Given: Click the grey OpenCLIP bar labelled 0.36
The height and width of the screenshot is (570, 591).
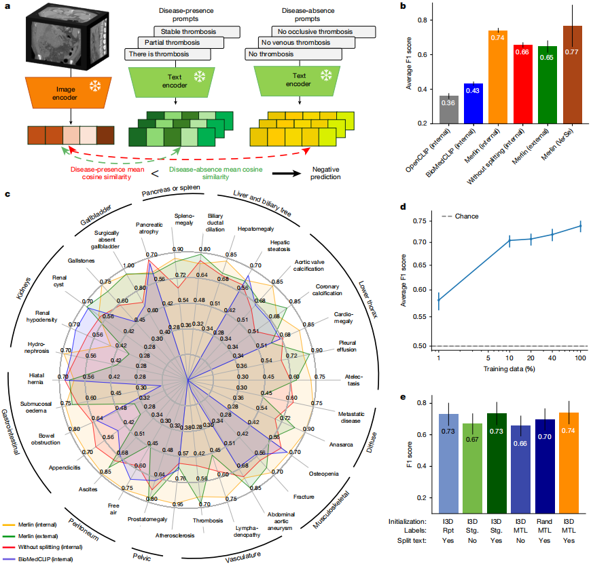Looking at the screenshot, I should pos(448,110).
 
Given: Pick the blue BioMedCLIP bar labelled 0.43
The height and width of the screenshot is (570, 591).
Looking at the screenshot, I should pos(473,103).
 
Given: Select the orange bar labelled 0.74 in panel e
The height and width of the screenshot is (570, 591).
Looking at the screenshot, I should pos(569,461).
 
